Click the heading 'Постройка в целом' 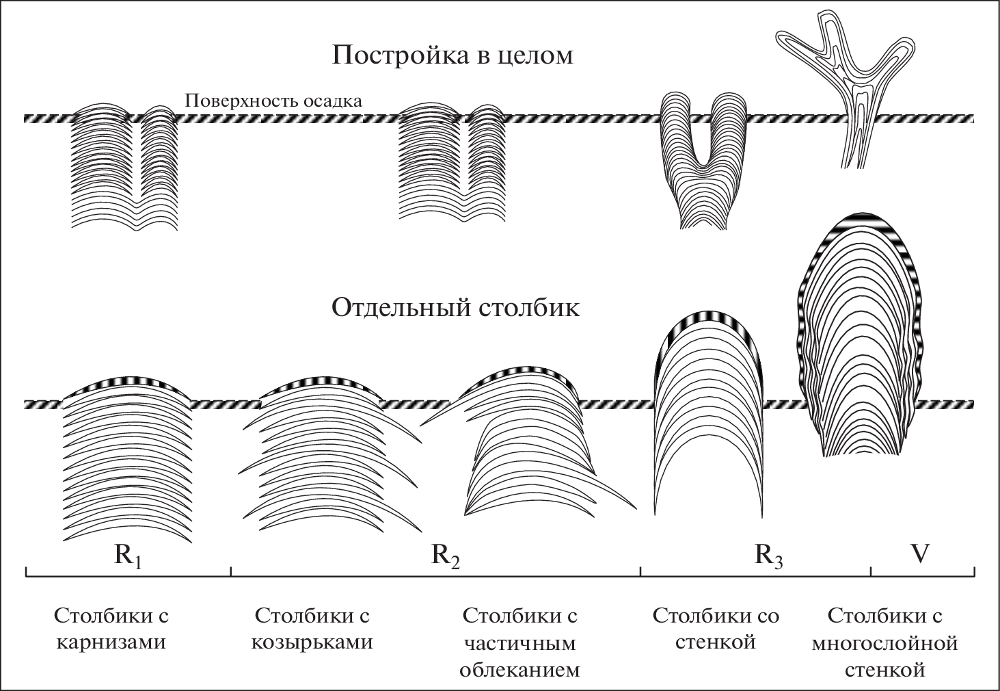pos(452,55)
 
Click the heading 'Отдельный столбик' pos(455,308)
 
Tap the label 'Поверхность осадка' pos(273,101)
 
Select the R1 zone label pos(128,556)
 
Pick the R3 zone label pos(768,556)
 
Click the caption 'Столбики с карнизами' pos(111,629)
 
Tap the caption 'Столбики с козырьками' pos(313,629)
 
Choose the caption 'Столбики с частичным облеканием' pos(519,642)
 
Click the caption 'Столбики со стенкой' pos(716,629)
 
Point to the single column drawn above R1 pos(127,458)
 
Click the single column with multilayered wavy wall pos(860,339)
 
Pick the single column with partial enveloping pos(526,445)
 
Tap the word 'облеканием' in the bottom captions pos(519,670)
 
